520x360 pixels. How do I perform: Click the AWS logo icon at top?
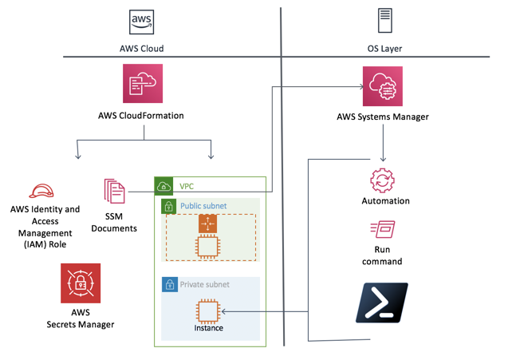(x=141, y=22)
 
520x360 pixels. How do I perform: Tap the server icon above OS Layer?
(x=385, y=21)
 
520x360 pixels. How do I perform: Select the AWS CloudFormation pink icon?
(x=142, y=84)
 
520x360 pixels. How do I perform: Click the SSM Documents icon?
(x=115, y=192)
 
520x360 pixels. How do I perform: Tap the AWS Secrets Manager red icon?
(x=81, y=283)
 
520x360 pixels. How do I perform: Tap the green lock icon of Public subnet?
(x=169, y=207)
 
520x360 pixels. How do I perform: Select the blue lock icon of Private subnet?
(x=169, y=284)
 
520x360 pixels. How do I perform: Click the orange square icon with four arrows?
(x=207, y=224)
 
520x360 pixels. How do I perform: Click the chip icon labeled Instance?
(x=207, y=311)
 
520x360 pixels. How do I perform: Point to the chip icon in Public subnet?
(x=207, y=248)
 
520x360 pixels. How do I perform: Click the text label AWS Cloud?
(x=141, y=49)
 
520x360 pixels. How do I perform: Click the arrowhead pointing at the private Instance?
(x=224, y=311)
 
